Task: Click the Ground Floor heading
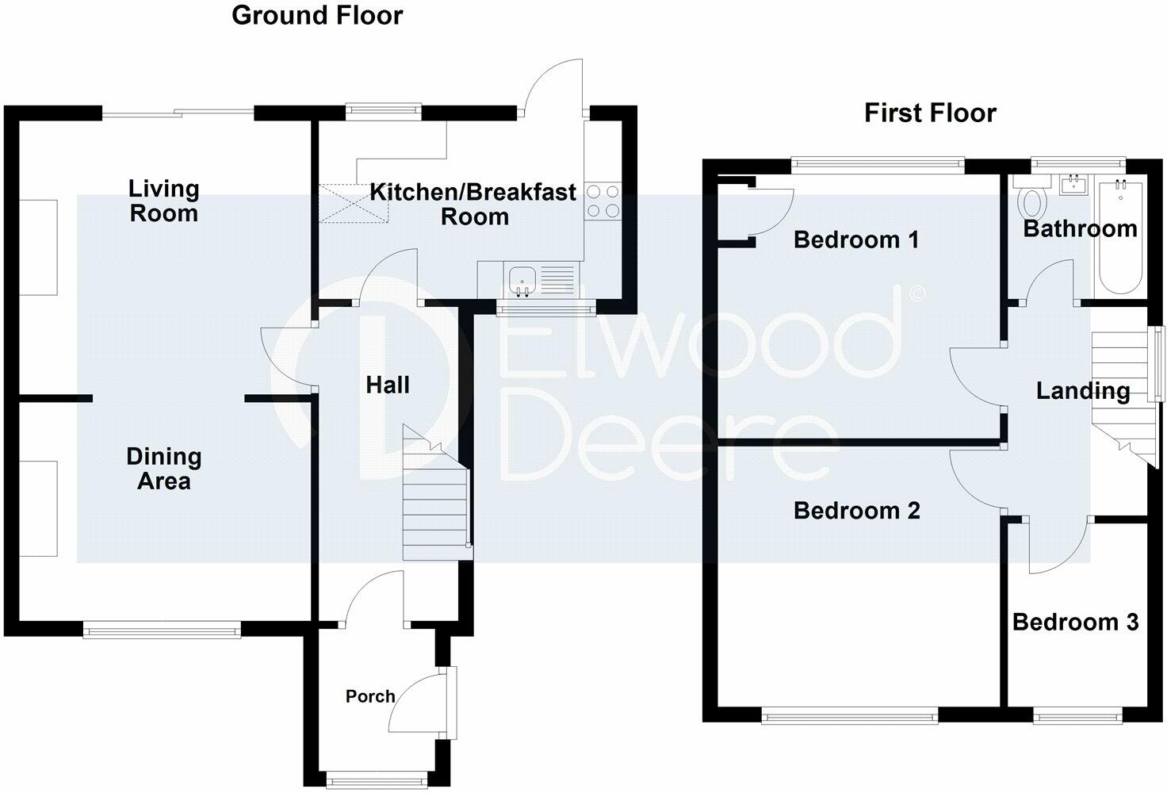coord(317,16)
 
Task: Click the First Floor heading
coord(930,113)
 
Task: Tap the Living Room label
coord(163,201)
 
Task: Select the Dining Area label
coord(163,469)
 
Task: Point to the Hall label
coord(388,385)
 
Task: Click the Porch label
coord(370,696)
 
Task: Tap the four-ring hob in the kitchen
coord(603,201)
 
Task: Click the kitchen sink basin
coord(522,282)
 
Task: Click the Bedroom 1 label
coord(856,239)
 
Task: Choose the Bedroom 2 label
coord(856,511)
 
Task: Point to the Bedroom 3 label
coord(1075,622)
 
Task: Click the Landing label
coord(1083,391)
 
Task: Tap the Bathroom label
coord(1080,228)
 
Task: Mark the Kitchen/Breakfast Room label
coord(473,205)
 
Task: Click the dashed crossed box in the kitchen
coord(354,203)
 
